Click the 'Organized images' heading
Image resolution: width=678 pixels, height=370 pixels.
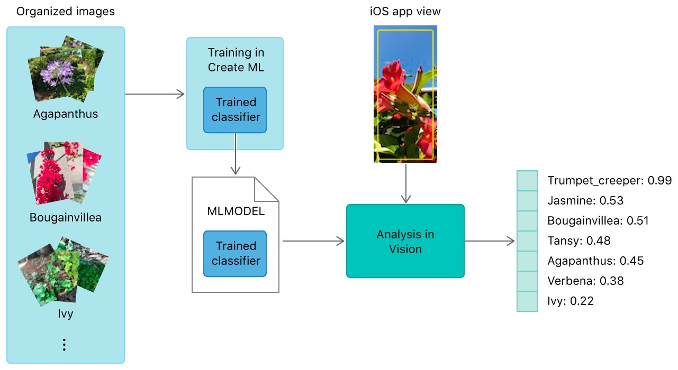tap(66, 12)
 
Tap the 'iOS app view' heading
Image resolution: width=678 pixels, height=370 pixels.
tap(405, 12)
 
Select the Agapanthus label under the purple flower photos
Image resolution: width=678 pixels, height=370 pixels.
tap(66, 114)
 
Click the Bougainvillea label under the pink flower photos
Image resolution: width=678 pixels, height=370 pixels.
tap(66, 218)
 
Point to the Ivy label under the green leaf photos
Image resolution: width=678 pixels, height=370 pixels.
tap(66, 314)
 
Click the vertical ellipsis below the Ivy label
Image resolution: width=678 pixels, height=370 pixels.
tap(64, 345)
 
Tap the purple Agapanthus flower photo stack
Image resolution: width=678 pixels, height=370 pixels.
tap(66, 69)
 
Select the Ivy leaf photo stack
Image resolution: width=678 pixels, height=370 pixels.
tap(63, 272)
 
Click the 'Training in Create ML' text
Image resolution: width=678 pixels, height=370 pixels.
tap(236, 60)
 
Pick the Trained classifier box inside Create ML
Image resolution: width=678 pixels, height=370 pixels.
tap(235, 110)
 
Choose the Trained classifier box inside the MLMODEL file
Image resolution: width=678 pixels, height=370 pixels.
tap(235, 254)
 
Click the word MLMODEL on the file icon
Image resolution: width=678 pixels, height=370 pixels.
tap(236, 211)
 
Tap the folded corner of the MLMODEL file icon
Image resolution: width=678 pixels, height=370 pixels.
tap(266, 189)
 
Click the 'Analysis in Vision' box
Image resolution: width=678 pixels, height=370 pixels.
tap(405, 241)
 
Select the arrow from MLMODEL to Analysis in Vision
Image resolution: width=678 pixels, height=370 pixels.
tap(313, 241)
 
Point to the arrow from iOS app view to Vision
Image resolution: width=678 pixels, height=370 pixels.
tap(405, 183)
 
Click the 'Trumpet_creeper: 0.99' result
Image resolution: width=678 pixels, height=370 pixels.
tap(609, 181)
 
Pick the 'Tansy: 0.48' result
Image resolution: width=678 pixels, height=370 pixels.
tap(578, 241)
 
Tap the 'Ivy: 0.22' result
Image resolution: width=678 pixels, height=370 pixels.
tap(570, 301)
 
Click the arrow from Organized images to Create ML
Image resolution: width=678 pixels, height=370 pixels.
tap(155, 94)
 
